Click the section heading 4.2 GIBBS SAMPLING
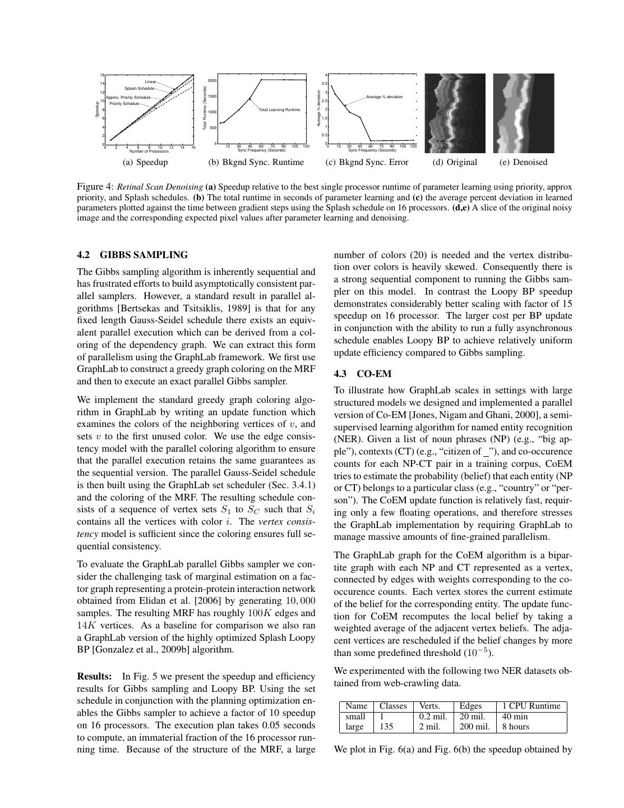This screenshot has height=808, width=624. [x=132, y=255]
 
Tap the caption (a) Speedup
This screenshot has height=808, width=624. [x=145, y=162]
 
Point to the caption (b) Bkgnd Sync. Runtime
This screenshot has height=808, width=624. [x=256, y=162]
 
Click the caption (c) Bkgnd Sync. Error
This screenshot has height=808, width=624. [x=367, y=162]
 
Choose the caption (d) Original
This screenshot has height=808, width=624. [x=455, y=162]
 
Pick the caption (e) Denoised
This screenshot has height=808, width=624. [x=523, y=162]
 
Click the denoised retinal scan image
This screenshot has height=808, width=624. [x=523, y=113]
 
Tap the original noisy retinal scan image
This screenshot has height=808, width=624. [x=455, y=113]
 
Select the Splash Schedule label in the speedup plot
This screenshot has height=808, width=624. [x=139, y=89]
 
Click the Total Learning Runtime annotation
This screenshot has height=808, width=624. [x=279, y=110]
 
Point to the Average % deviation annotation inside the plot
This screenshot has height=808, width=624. [x=385, y=97]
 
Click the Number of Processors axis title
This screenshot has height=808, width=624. [x=149, y=151]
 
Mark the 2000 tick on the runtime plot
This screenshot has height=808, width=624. [x=212, y=81]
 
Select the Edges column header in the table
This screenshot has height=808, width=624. [x=470, y=706]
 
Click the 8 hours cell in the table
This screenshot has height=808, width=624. [x=515, y=727]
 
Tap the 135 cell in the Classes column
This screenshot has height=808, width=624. [x=386, y=727]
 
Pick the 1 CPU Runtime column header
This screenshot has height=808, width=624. [x=531, y=706]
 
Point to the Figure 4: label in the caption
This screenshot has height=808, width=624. [x=95, y=186]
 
